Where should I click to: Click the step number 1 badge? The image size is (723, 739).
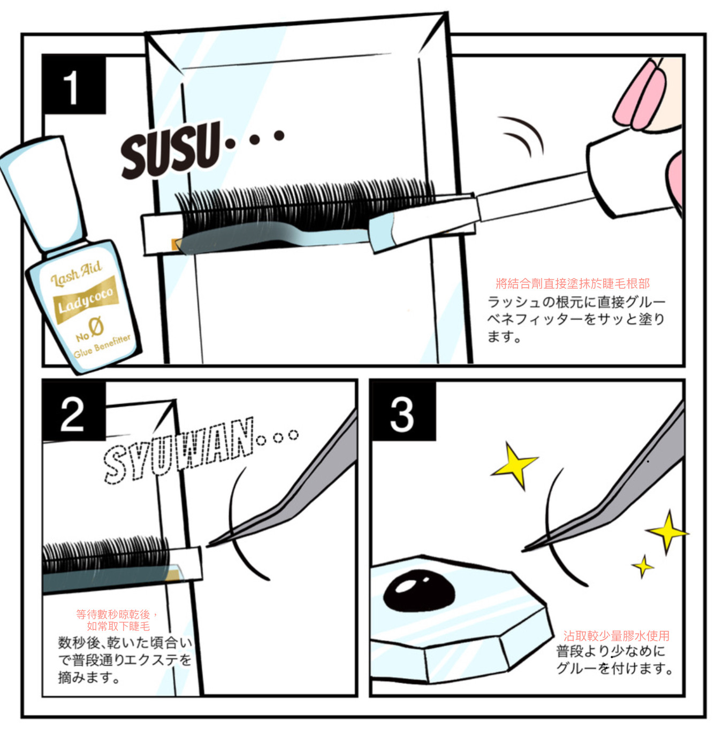[74, 84]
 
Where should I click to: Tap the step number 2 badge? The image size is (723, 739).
[74, 410]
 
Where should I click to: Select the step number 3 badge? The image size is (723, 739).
[402, 410]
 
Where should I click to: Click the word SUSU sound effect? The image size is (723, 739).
[171, 150]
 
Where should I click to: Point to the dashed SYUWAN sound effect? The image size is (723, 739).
[179, 450]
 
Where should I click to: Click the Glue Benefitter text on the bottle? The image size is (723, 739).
[102, 346]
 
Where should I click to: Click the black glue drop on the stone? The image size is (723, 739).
[418, 591]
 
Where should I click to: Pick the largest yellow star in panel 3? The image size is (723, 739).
[514, 465]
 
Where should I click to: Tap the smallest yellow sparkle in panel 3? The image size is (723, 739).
[642, 566]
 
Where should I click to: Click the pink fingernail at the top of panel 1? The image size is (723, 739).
[641, 95]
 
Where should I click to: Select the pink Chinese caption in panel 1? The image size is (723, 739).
[573, 283]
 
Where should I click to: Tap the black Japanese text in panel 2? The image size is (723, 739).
[125, 660]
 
